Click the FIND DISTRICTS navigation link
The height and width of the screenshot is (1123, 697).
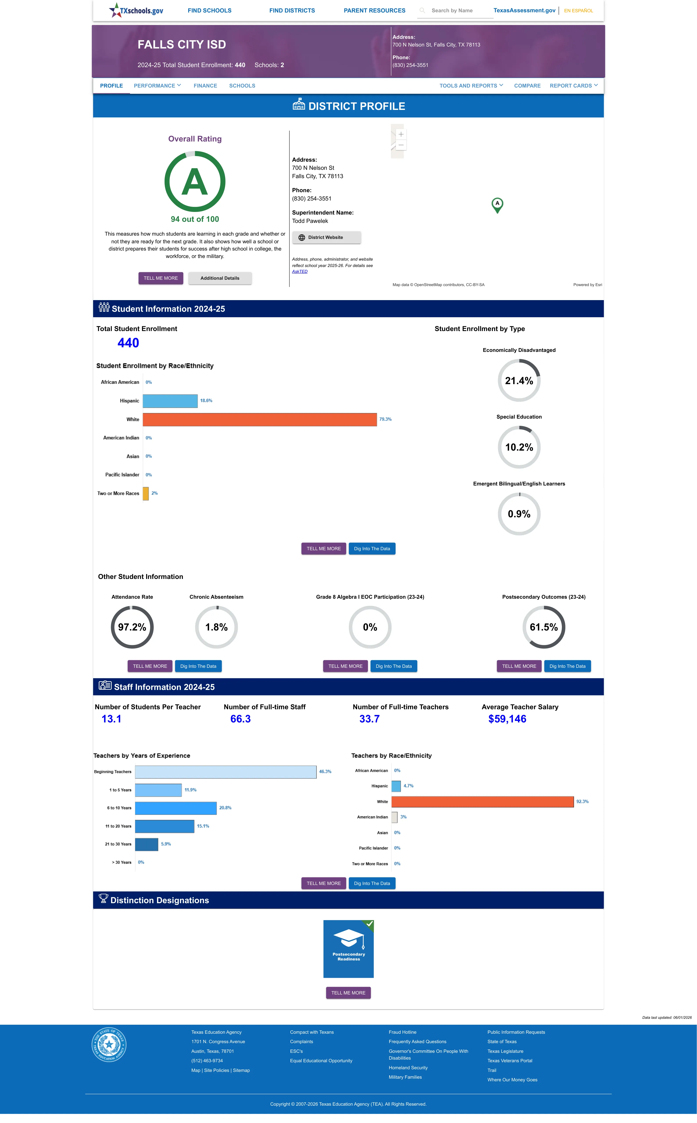coord(292,11)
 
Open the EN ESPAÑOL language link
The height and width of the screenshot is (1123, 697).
coord(579,11)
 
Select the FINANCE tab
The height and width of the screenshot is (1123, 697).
coord(205,86)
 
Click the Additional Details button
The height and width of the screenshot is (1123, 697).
coord(220,278)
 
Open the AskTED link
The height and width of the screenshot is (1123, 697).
coord(300,271)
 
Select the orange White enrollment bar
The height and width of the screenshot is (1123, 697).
coord(260,419)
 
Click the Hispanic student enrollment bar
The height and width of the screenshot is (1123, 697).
coord(170,401)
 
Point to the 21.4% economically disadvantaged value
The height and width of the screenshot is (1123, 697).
coord(519,381)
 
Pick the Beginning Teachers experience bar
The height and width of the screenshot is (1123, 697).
coord(226,772)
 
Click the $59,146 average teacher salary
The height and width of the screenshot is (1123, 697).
coord(507,719)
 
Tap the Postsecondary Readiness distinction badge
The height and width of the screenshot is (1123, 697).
coord(348,949)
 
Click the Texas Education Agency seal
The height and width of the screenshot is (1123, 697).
coord(109,1044)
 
